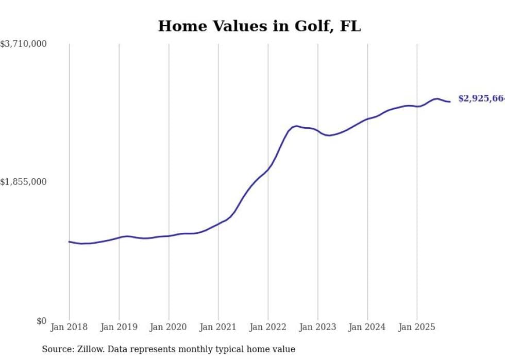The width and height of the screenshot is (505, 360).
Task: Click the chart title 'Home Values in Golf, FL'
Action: [x=259, y=26]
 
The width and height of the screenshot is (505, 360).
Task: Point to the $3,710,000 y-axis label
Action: [x=23, y=44]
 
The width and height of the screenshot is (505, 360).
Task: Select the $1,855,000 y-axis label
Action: [x=23, y=182]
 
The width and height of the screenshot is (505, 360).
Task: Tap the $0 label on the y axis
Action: [x=41, y=321]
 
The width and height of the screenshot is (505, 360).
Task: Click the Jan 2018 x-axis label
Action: [x=69, y=327]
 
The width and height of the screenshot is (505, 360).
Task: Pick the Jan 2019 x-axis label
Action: [x=119, y=327]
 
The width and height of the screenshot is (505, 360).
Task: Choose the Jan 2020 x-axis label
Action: [x=169, y=327]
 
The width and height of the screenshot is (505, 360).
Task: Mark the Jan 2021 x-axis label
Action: [x=218, y=327]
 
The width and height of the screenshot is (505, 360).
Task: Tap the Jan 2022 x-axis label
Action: [x=268, y=327]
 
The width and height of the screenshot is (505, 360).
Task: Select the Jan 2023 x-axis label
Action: [x=318, y=327]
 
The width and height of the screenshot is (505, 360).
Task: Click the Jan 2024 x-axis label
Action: [x=367, y=327]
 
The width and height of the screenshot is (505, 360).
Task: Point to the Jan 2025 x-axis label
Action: [x=417, y=327]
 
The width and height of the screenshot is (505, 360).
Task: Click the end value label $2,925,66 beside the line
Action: [x=481, y=98]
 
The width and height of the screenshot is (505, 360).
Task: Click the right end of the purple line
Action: [x=450, y=101]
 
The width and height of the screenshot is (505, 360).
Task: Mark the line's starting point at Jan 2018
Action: [x=69, y=242]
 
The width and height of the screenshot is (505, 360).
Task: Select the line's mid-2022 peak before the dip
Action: [x=296, y=126]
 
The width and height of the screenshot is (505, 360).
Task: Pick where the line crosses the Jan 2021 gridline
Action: [x=218, y=224]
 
